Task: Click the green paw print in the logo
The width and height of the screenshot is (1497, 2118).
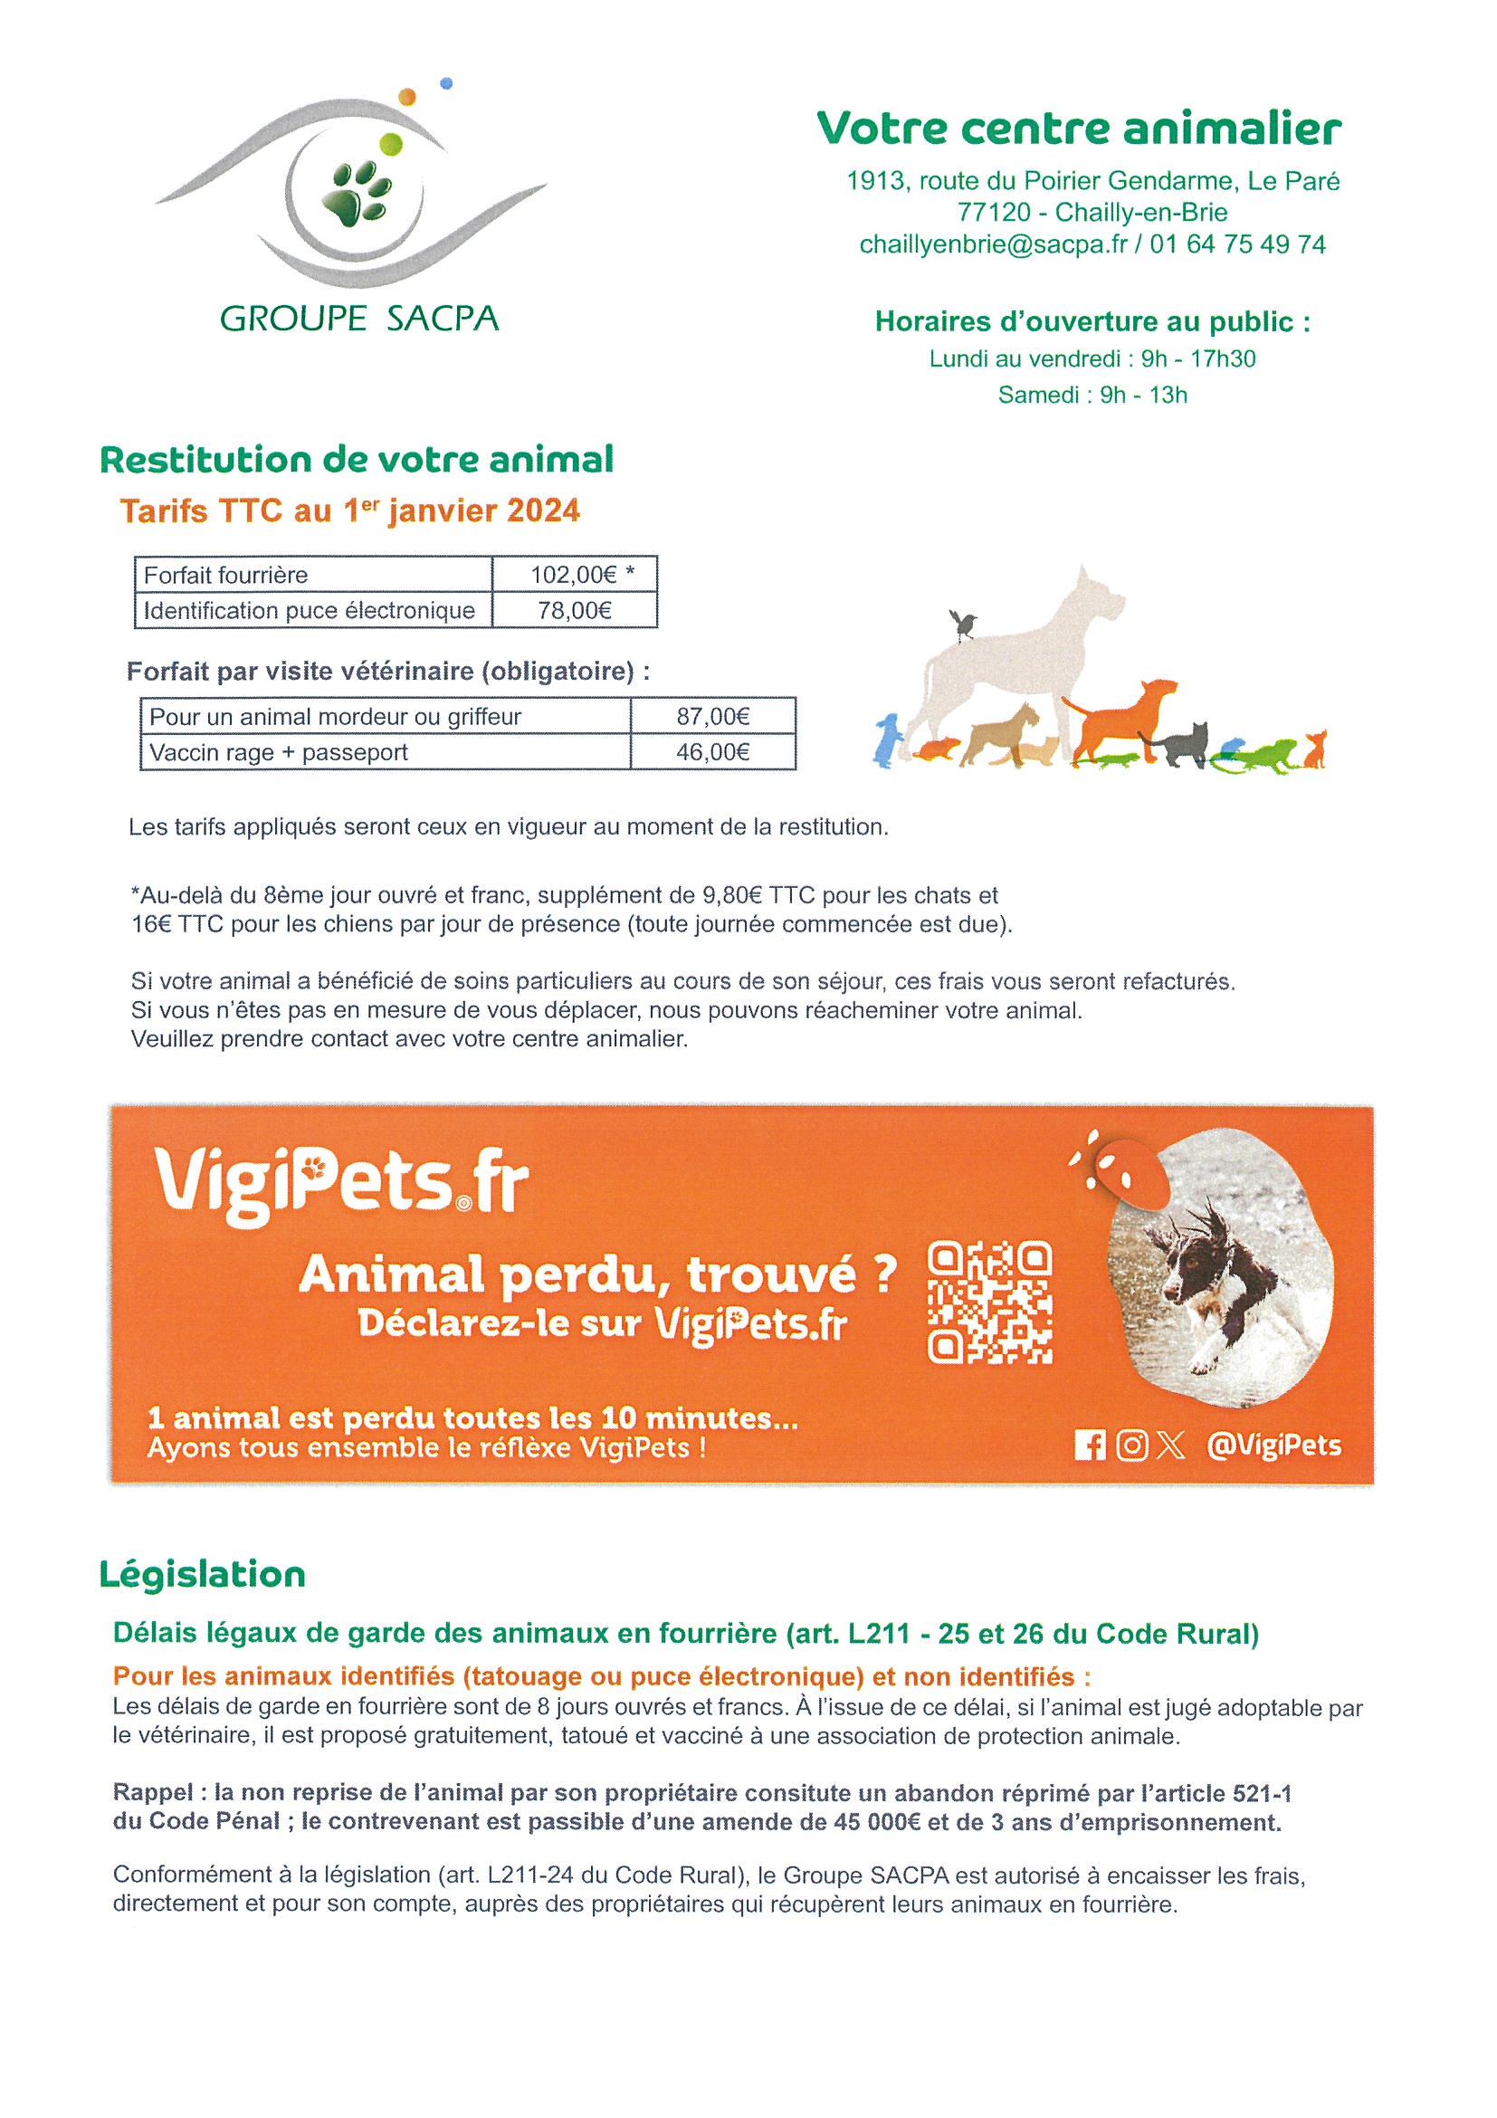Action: point(357,191)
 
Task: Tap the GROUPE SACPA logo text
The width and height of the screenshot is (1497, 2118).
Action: point(358,319)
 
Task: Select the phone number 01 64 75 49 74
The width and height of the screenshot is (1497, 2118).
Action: point(1238,244)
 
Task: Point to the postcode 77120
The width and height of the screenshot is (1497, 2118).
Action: point(994,212)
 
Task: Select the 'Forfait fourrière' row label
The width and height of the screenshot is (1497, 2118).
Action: point(226,576)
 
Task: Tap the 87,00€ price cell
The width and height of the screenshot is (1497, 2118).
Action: point(712,717)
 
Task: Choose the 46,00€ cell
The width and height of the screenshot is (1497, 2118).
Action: point(712,753)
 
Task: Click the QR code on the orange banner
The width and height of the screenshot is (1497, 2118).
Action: point(988,1302)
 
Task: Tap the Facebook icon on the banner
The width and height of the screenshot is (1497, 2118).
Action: point(1090,1445)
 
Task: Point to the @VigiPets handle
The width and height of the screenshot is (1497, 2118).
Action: point(1273,1445)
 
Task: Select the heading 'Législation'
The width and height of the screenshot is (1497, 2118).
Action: point(202,1575)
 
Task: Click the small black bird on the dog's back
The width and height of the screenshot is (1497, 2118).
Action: point(964,625)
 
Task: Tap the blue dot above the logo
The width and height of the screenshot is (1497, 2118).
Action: point(446,83)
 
